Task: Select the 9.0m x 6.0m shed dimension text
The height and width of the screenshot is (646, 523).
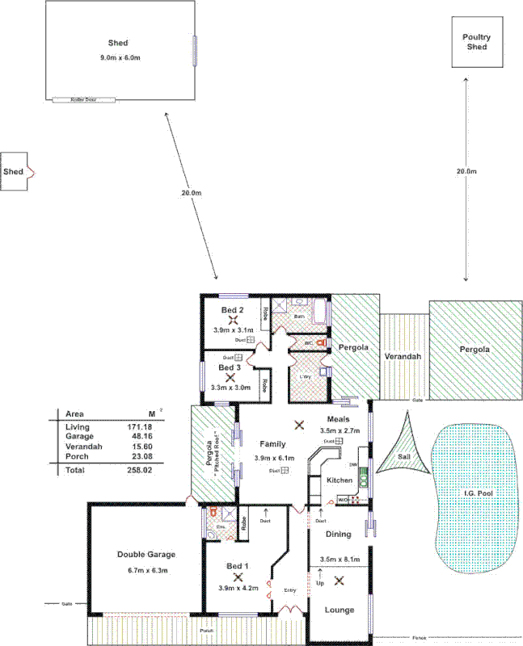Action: point(119,58)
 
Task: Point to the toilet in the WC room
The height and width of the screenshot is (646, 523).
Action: point(321,343)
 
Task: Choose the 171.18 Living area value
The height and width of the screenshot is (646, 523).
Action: point(139,426)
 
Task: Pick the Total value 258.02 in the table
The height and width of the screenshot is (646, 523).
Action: point(139,469)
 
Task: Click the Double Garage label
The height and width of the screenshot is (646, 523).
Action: point(146,555)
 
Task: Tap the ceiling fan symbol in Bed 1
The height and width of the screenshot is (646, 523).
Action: point(238,577)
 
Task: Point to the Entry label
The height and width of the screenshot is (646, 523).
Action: point(290,590)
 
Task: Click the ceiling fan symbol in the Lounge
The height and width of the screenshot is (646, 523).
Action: point(340,579)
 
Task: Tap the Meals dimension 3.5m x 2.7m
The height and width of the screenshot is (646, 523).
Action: point(340,431)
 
